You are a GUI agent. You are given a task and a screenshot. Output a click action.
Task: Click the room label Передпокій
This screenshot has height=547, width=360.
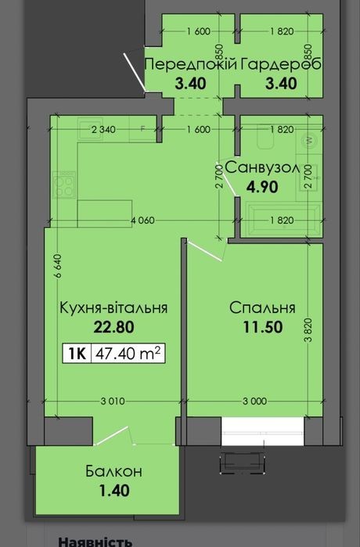tap(191, 64)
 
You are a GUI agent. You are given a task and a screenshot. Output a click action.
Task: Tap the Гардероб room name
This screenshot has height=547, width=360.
tap(281, 64)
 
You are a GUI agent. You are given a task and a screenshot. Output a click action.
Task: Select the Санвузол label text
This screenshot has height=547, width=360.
tap(262, 167)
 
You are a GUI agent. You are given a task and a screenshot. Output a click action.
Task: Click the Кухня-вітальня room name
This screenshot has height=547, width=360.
tap(113, 308)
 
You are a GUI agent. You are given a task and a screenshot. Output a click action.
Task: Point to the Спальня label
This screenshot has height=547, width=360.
tap(262, 308)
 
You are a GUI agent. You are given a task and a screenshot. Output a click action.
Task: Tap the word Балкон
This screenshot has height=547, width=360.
tap(113, 471)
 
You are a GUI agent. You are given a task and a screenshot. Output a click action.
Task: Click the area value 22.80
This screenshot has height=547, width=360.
tap(113, 327)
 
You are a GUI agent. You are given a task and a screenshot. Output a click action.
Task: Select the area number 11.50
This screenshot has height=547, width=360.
tap(263, 327)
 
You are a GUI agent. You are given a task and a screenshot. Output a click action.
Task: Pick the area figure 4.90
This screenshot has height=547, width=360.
tap(262, 187)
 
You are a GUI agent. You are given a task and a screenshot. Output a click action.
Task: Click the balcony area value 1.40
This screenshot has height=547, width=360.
tap(114, 491)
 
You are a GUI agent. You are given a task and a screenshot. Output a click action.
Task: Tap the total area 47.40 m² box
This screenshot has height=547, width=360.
tap(128, 354)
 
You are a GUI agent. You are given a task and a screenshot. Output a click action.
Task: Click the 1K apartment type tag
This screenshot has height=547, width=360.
tap(77, 354)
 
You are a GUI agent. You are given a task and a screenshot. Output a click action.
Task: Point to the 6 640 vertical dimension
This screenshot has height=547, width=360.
tap(58, 266)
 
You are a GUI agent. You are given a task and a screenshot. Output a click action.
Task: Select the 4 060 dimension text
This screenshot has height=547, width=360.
tap(142, 221)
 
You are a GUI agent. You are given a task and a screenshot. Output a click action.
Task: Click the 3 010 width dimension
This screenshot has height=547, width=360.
tap(113, 401)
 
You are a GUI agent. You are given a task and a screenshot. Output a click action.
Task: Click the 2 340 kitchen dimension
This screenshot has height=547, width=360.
tap(103, 130)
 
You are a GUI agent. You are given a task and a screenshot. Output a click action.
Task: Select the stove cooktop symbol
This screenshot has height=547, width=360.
tap(64, 185)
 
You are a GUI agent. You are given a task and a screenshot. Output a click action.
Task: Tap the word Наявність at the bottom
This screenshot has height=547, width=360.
tap(95, 542)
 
